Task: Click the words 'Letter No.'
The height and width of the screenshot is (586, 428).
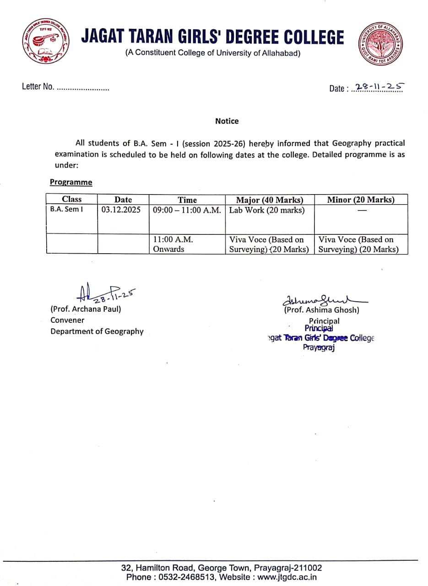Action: pos(38,87)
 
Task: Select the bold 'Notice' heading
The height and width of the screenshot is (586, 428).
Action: pos(227,121)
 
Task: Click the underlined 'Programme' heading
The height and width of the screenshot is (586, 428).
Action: pos(71,182)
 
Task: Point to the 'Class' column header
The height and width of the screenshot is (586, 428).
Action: pos(71,199)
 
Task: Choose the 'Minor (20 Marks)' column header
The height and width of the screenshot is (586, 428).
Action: pos(361,199)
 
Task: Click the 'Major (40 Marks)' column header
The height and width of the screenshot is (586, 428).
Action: pos(269,200)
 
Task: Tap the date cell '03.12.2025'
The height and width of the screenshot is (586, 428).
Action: pos(121,210)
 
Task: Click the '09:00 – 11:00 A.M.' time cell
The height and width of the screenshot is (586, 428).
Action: pos(187,210)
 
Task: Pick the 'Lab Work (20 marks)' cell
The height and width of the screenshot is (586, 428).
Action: pos(267,210)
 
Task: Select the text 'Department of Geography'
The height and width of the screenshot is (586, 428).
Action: pos(97,331)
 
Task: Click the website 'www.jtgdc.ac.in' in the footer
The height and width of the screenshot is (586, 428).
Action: pos(287,577)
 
